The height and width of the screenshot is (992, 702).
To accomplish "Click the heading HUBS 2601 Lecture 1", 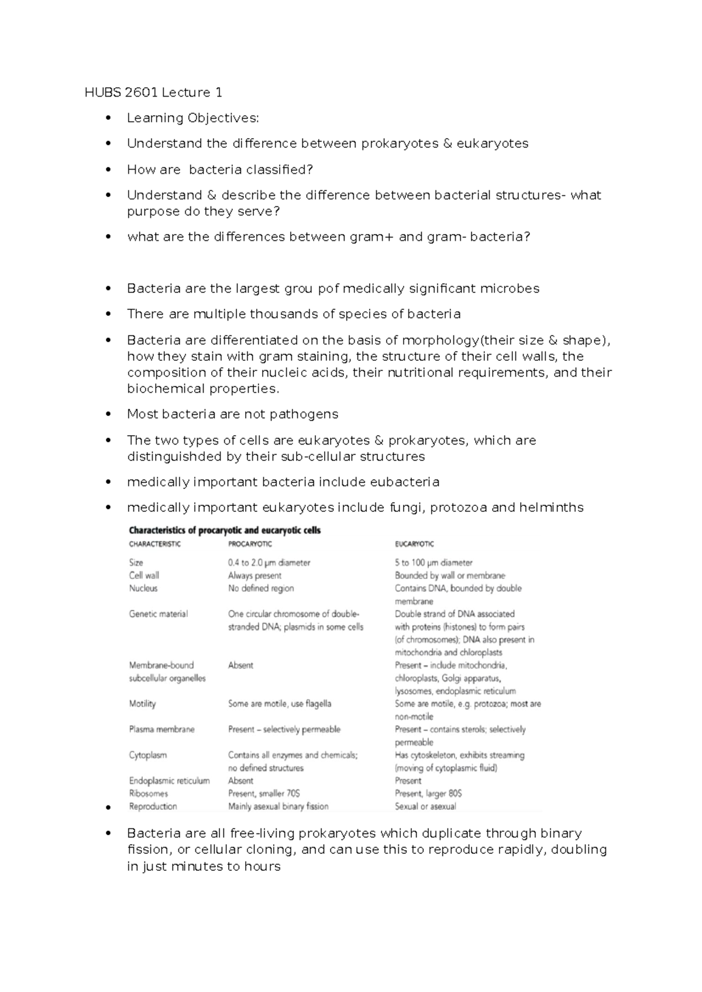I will click(x=153, y=92).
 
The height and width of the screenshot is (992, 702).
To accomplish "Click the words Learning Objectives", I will click(x=192, y=118).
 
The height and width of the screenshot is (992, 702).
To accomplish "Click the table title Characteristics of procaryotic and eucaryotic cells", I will click(x=225, y=531).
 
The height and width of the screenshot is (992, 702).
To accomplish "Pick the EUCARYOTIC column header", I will click(x=415, y=544).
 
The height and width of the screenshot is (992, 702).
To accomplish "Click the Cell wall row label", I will click(x=144, y=576).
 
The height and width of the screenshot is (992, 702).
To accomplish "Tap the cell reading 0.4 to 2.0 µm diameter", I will click(x=269, y=563).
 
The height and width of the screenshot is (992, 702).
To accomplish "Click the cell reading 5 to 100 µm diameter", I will click(x=433, y=563).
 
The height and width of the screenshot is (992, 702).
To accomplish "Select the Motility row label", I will click(x=142, y=704).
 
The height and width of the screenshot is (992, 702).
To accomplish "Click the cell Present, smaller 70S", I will click(x=264, y=794).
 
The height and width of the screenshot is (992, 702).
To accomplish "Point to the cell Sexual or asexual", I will click(x=425, y=807).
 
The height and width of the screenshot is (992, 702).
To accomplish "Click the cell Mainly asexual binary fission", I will click(x=278, y=807).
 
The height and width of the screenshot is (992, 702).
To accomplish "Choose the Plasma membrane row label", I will click(x=161, y=729).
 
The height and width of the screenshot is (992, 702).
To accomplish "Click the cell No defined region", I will click(x=261, y=588).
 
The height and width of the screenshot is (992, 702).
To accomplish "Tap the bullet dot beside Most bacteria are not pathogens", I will click(x=108, y=415).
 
